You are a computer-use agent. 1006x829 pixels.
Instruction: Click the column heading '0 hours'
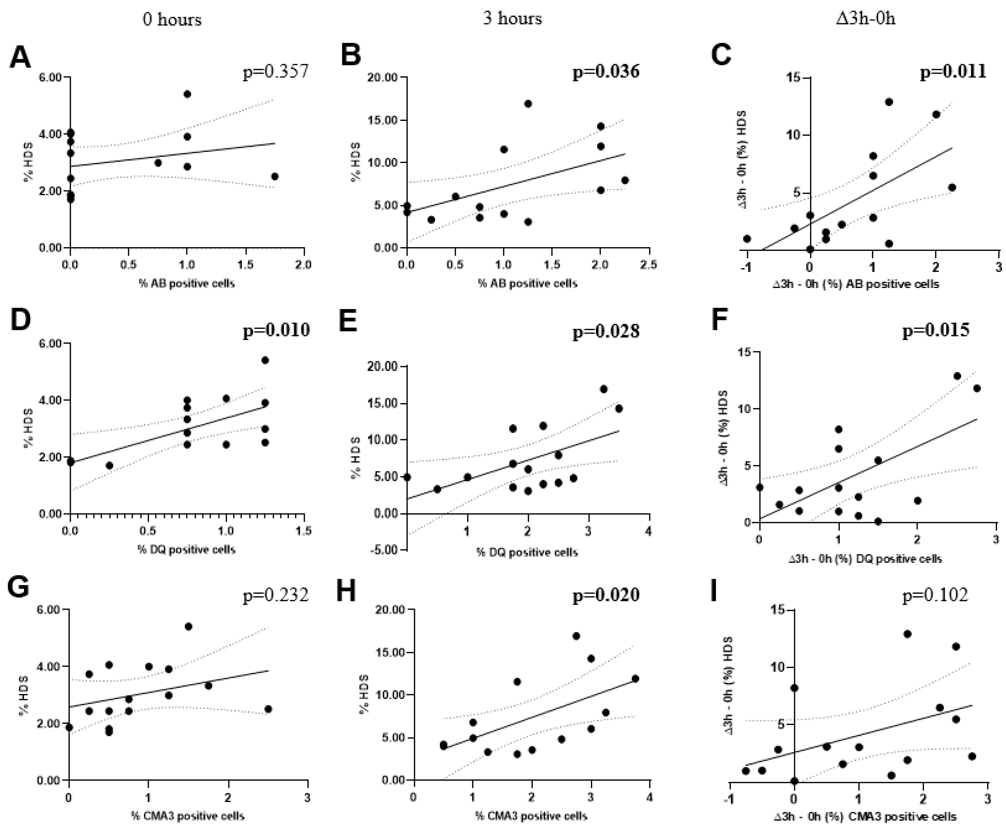(x=172, y=19)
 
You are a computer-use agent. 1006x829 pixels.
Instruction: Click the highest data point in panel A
(x=187, y=94)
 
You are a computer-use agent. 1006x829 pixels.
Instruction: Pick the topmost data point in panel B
(x=528, y=104)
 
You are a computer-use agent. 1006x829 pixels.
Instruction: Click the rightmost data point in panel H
(x=635, y=679)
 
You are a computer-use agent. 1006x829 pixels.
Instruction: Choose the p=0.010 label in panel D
(x=276, y=330)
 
